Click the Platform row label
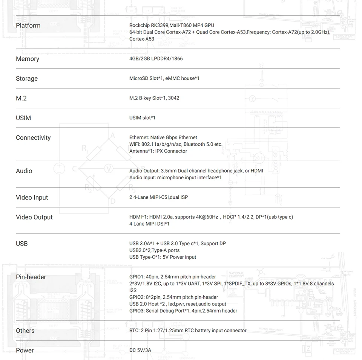point(28,26)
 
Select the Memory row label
point(27,59)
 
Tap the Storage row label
point(27,79)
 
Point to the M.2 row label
point(21,98)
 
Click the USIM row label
point(23,118)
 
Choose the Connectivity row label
point(33,138)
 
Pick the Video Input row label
point(32,198)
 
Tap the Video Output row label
point(34,217)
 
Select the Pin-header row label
point(31,277)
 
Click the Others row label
point(25,331)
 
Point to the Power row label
point(25,351)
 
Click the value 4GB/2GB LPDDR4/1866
point(156,59)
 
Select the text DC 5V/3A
point(140,350)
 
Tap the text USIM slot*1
point(142,118)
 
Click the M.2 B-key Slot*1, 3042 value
point(154,98)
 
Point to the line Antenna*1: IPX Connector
point(158,151)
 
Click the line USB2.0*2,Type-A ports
point(154,250)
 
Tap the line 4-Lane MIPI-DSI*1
point(149,224)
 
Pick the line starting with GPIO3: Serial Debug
point(183,311)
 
